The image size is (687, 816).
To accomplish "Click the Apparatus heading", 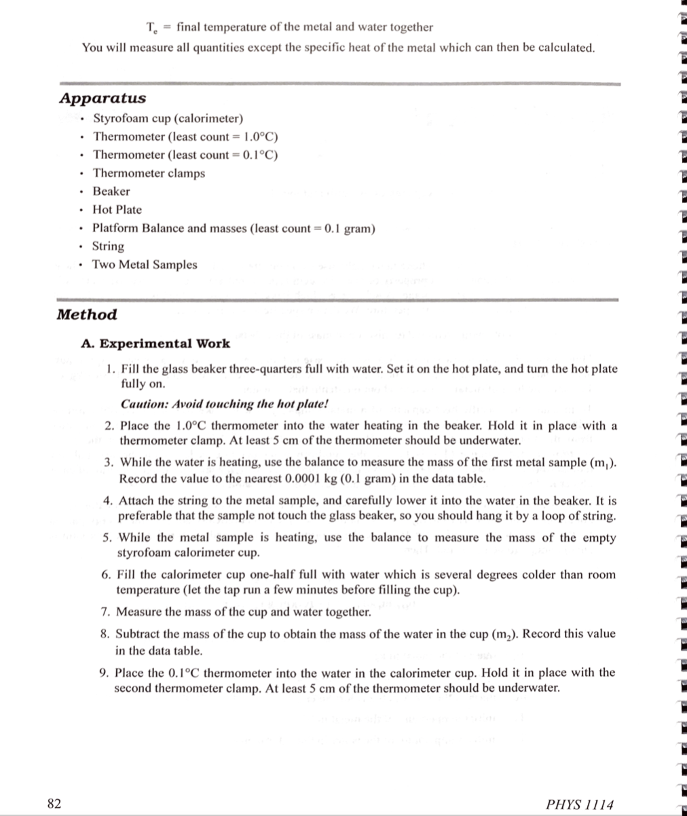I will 103,98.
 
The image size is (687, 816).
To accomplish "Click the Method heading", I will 87,314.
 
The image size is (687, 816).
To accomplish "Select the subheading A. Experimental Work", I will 155,344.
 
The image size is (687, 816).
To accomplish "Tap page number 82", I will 54,804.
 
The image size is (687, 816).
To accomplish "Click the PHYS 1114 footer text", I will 579,804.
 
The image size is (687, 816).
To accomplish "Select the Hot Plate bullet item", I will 117,210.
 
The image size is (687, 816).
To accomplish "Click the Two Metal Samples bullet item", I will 145,265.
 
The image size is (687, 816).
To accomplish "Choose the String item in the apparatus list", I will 109,246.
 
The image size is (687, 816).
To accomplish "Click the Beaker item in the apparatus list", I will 111,191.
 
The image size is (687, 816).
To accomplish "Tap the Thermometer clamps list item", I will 149,173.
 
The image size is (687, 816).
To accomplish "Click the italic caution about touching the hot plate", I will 224,404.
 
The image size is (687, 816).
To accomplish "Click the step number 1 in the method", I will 112,369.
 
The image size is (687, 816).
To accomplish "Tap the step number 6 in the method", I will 106,574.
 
